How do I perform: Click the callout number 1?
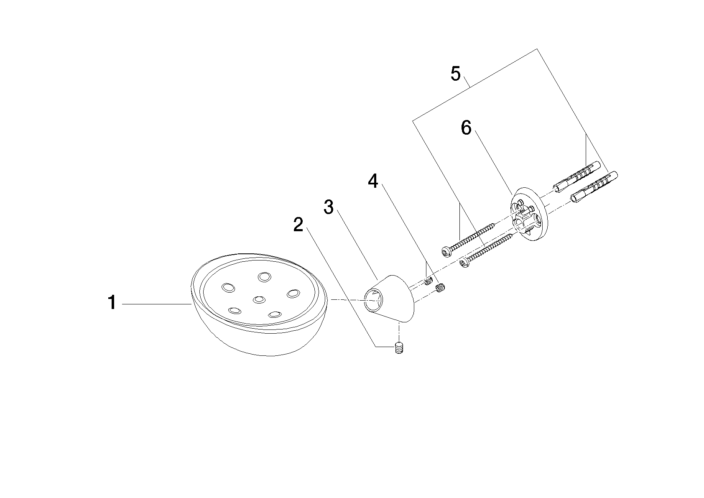[x=112, y=302]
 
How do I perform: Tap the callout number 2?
[x=298, y=225]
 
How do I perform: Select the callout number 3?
[x=329, y=207]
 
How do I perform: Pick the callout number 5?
[x=455, y=74]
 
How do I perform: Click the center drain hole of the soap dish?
[x=259, y=300]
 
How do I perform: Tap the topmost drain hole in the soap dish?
[x=265, y=277]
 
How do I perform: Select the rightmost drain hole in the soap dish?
[x=293, y=294]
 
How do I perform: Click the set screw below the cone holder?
[x=399, y=348]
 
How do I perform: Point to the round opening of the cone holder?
[x=373, y=300]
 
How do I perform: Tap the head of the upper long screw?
[x=446, y=251]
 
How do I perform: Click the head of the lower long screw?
[x=464, y=263]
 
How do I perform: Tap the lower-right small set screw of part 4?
[x=441, y=287]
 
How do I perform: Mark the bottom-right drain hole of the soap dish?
[x=275, y=314]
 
